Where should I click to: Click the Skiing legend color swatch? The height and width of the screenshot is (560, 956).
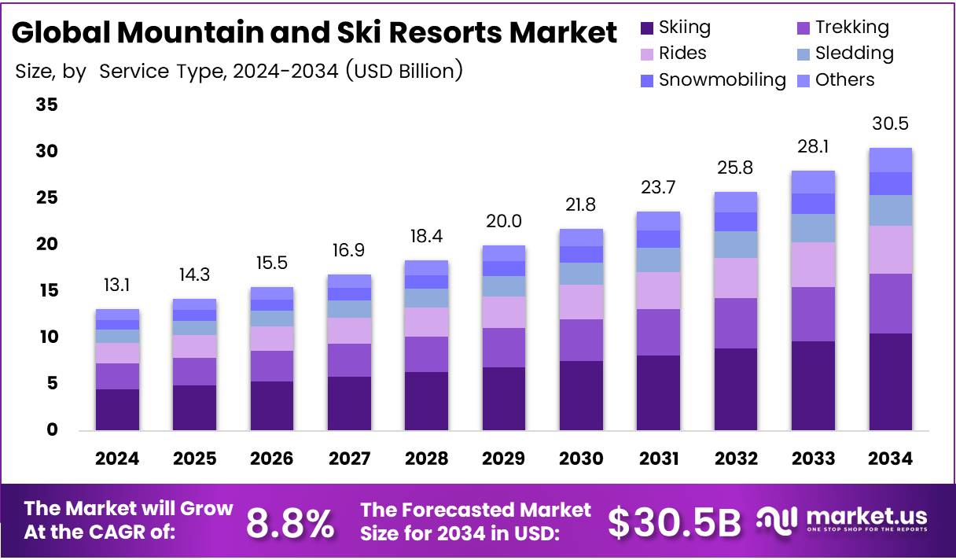(647, 28)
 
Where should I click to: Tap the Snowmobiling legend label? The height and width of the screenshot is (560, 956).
(722, 80)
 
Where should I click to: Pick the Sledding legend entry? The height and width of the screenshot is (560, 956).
(854, 53)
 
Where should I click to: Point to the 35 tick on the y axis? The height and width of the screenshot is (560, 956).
(46, 105)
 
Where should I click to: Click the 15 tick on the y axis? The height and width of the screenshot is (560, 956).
(46, 291)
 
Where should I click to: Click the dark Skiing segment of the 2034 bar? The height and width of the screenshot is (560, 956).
(890, 382)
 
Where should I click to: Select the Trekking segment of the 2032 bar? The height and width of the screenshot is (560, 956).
(735, 323)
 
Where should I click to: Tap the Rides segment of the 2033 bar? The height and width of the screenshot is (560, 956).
(813, 265)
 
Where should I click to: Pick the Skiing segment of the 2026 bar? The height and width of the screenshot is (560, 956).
(271, 406)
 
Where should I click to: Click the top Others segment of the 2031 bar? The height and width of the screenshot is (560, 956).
(658, 221)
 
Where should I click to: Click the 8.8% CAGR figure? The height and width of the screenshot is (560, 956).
(290, 523)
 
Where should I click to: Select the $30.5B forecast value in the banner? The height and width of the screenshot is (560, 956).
(675, 523)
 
